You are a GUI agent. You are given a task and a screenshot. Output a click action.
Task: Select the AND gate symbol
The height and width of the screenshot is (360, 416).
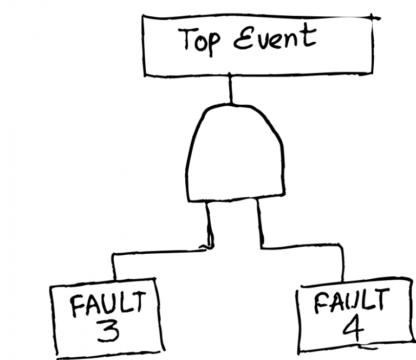click(x=236, y=155)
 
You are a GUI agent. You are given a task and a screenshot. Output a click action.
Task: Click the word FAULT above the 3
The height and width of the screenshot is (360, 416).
click(x=108, y=306)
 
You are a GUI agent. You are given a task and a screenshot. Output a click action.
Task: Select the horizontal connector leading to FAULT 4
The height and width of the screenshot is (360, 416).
click(x=301, y=247)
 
